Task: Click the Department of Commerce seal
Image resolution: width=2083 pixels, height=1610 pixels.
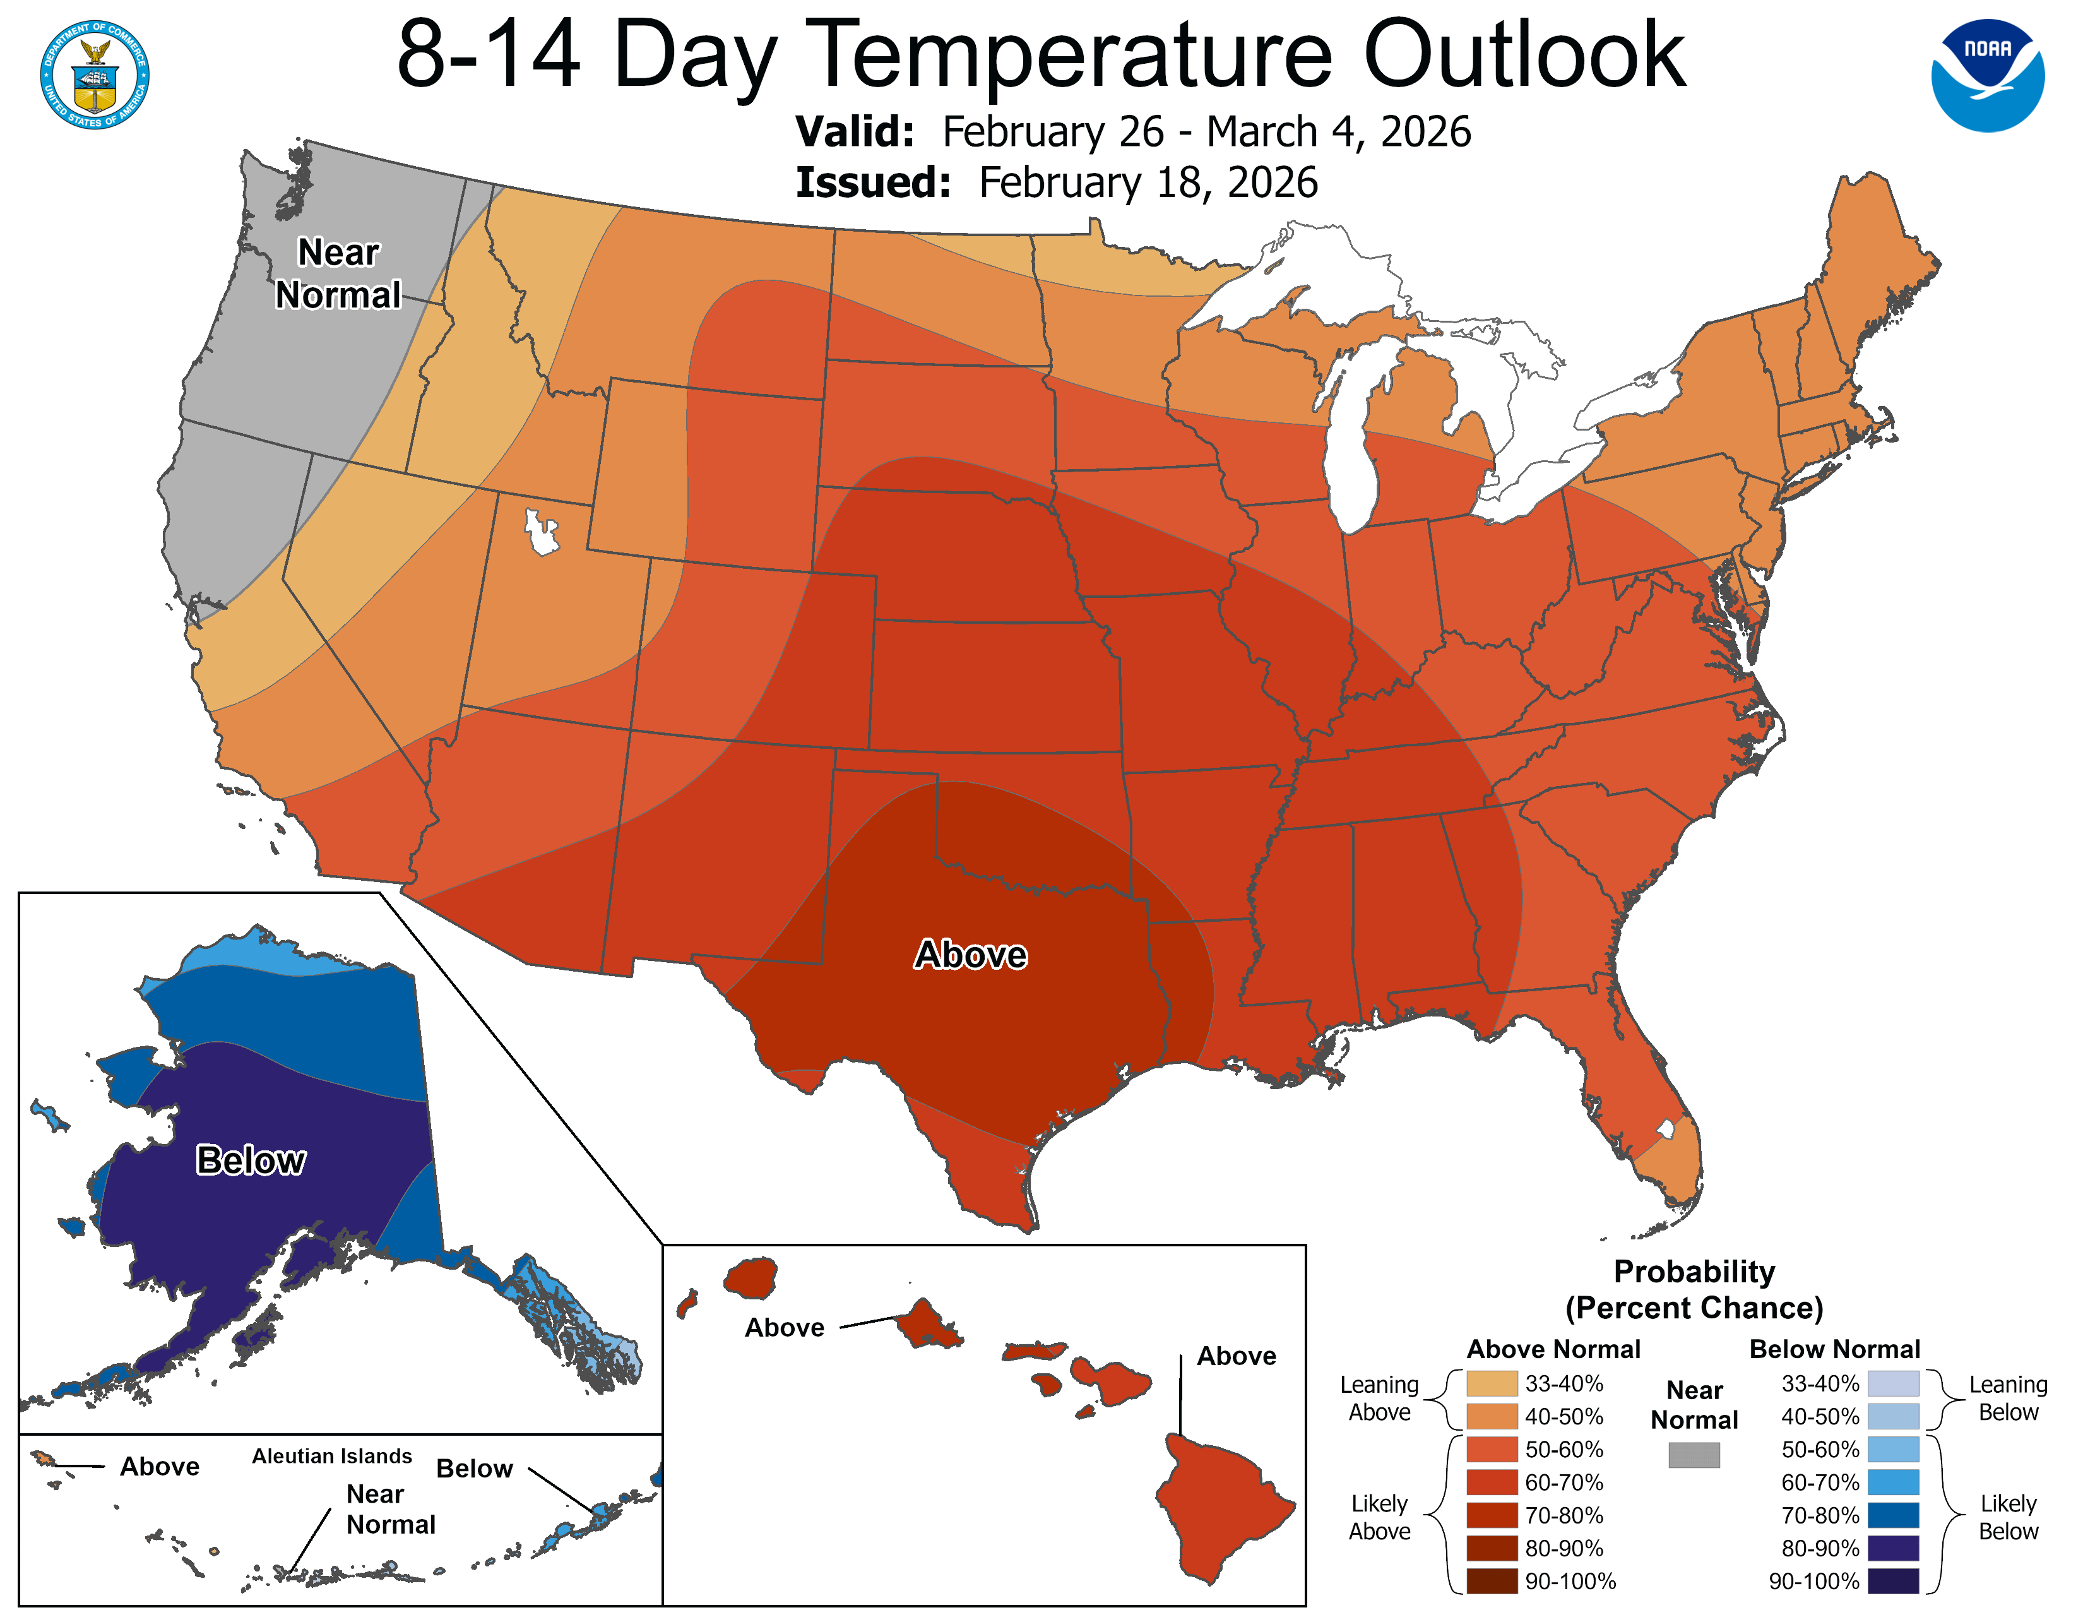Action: [95, 75]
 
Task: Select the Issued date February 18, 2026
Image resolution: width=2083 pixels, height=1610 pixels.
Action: [1148, 183]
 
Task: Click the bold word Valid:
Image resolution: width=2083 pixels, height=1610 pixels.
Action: [855, 131]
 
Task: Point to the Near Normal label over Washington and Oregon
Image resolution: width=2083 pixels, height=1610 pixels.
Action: [338, 274]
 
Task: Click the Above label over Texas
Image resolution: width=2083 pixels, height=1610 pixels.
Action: [970, 955]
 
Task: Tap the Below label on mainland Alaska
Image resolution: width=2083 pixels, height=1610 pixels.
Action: [251, 1160]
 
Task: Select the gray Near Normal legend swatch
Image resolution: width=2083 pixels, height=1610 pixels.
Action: [1694, 1455]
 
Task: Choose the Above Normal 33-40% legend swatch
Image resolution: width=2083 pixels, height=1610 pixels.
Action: [1492, 1383]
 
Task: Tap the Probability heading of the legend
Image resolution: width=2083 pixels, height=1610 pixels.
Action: [1694, 1272]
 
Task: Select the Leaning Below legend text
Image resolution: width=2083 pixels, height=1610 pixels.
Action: [2008, 1398]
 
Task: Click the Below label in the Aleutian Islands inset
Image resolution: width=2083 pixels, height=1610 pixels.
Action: [474, 1469]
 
